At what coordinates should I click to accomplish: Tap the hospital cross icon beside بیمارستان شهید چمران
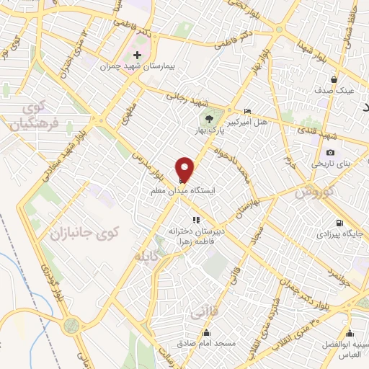point(138,55)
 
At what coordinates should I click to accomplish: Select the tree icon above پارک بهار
point(209,118)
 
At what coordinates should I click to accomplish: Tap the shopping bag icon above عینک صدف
point(333,80)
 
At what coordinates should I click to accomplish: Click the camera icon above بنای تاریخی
point(330,152)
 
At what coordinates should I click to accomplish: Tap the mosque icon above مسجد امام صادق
point(207,333)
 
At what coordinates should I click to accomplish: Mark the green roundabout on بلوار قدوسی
point(71,326)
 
